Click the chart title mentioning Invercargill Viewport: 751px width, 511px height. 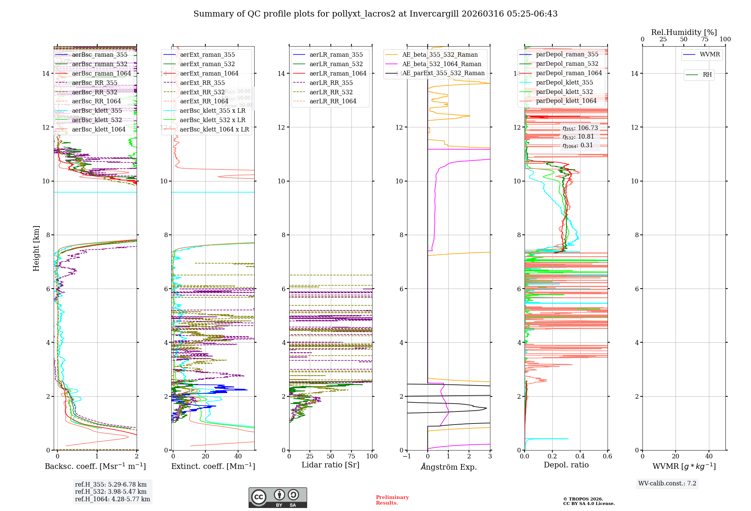pos(375,14)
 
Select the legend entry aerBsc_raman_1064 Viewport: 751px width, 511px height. pos(101,74)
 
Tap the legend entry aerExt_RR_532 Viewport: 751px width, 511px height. pos(202,92)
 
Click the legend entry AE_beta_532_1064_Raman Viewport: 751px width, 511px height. pos(442,64)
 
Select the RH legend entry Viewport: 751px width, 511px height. pos(707,75)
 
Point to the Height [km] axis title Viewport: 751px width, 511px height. pos(36,248)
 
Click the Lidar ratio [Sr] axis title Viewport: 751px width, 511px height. pos(330,465)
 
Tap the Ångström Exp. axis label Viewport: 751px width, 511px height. pos(448,467)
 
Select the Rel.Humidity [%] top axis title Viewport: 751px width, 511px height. pos(684,32)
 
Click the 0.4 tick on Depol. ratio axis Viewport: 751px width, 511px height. pos(580,457)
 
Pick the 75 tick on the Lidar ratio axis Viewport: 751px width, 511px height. pos(351,457)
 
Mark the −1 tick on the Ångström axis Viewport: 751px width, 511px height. pos(407,457)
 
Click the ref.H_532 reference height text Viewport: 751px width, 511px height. pos(111,492)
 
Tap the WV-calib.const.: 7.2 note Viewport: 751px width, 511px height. pos(667,484)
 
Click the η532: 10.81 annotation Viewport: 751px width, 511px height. pos(578,137)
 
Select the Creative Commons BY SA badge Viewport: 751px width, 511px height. pos(277,498)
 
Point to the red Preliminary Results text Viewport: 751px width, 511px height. pos(392,500)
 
